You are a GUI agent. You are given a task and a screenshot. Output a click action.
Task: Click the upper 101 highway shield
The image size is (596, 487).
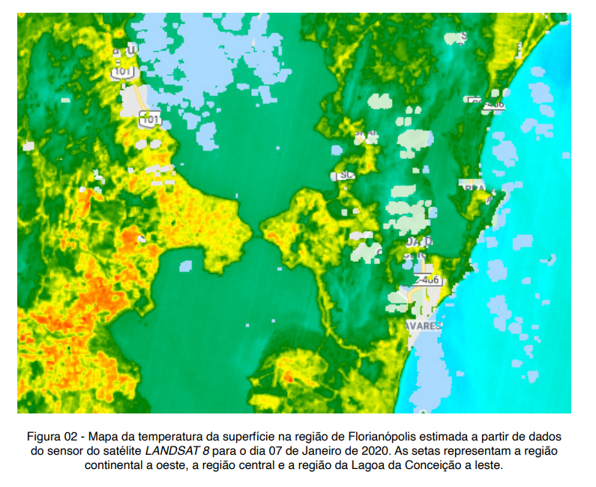click(x=121, y=73)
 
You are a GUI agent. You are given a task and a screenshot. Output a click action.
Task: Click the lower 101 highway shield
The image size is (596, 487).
click(x=150, y=119)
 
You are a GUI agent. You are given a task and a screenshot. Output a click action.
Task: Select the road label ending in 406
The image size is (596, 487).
click(x=427, y=280)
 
